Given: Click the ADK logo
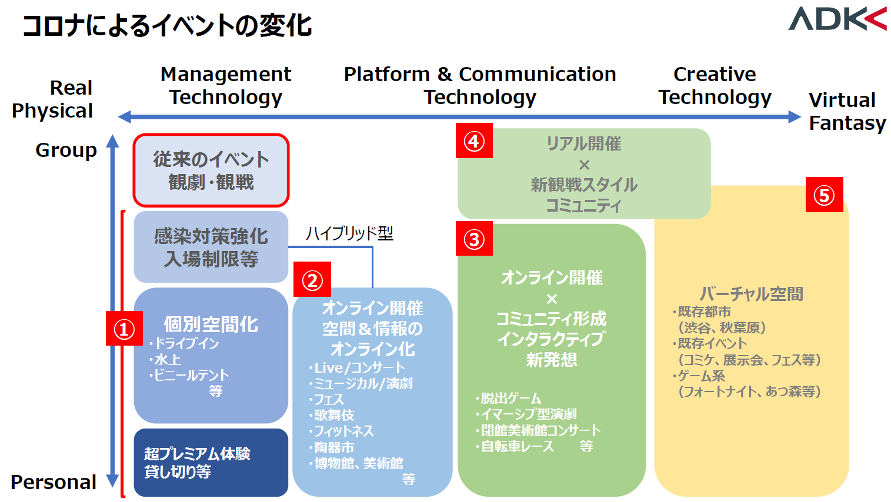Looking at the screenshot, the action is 837,19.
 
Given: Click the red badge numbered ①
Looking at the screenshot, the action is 124,329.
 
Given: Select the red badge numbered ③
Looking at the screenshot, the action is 474,239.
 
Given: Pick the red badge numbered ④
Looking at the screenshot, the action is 474,140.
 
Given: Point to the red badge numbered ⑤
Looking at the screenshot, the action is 824,195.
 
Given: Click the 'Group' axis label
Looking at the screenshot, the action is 66,150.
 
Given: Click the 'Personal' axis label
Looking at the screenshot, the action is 54,482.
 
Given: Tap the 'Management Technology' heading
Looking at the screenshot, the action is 226,85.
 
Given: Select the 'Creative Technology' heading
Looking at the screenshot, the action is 715,85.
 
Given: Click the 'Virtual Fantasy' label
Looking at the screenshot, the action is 847,111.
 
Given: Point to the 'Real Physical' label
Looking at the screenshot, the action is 52,99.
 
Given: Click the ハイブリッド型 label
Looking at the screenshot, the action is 349,233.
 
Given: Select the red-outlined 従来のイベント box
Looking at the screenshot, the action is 211,170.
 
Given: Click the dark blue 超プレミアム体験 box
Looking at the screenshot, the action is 211,463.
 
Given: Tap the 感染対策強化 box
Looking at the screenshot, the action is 211,247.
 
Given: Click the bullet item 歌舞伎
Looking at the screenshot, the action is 332,415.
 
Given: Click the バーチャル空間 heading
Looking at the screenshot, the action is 752,294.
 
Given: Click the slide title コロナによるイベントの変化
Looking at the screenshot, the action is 167,26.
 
